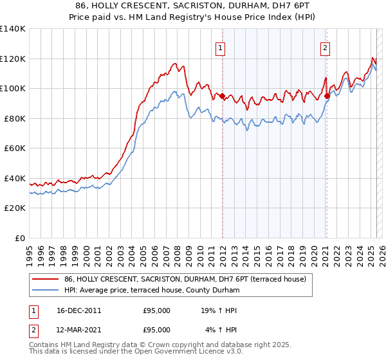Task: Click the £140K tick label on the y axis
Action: pos(13,29)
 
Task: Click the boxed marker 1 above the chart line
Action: pos(221,47)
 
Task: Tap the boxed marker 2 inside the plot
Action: pos(326,47)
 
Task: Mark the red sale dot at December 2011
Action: pos(223,96)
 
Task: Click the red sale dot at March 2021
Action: pos(327,96)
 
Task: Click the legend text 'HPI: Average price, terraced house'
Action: pos(151,291)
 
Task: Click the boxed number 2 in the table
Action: pos(32,330)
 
